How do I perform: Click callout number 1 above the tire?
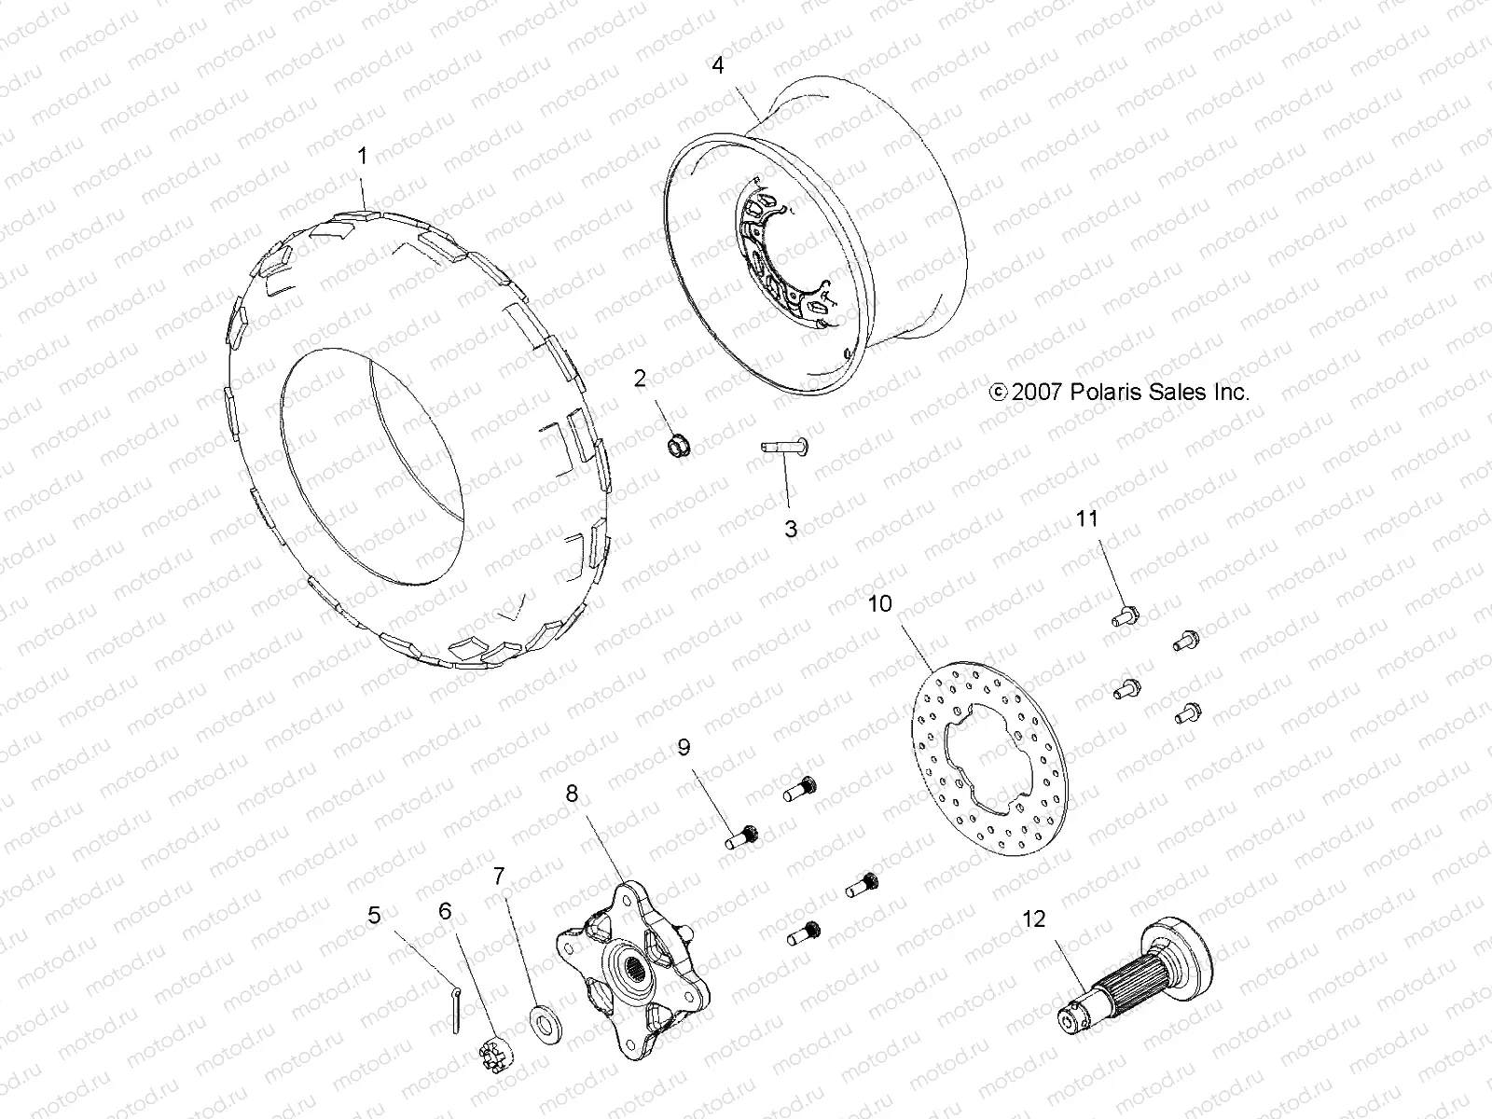[364, 156]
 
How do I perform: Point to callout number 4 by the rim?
[717, 65]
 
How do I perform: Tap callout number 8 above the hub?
[572, 794]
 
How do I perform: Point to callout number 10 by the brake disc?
[879, 604]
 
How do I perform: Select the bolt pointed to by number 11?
[1123, 615]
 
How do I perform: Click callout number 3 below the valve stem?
[791, 529]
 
